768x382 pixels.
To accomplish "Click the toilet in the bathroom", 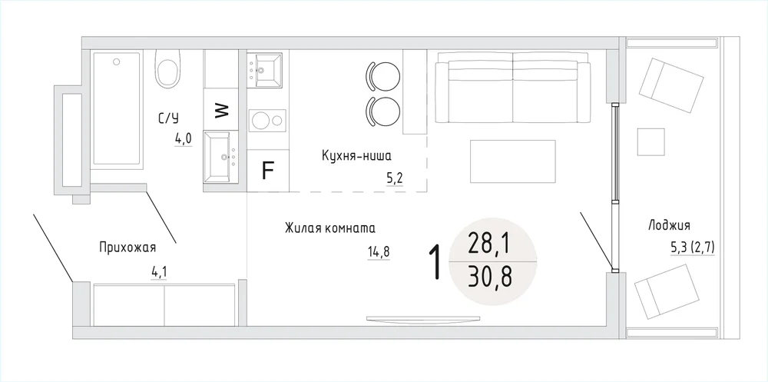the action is pyautogui.click(x=167, y=71).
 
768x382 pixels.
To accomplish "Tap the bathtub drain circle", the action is pyautogui.click(x=117, y=61).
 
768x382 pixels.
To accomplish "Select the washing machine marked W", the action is pyautogui.click(x=222, y=109).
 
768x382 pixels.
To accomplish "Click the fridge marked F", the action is pyautogui.click(x=267, y=170).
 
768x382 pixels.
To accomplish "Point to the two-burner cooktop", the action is pyautogui.click(x=267, y=120).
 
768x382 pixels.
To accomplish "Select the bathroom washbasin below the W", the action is pyautogui.click(x=221, y=157).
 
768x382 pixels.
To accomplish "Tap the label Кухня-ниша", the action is pyautogui.click(x=356, y=156).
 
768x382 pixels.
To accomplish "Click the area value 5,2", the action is pyautogui.click(x=395, y=178).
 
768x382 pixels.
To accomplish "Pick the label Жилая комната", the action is pyautogui.click(x=330, y=228).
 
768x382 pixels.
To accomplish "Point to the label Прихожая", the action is pyautogui.click(x=127, y=247).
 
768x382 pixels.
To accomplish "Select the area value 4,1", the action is pyautogui.click(x=159, y=272).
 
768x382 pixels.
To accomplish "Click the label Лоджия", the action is pyautogui.click(x=669, y=225).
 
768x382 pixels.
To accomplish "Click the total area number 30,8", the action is pyautogui.click(x=489, y=277).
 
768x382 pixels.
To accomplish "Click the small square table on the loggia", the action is pyautogui.click(x=651, y=142).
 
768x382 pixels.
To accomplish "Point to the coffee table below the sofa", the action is pyautogui.click(x=513, y=161).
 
